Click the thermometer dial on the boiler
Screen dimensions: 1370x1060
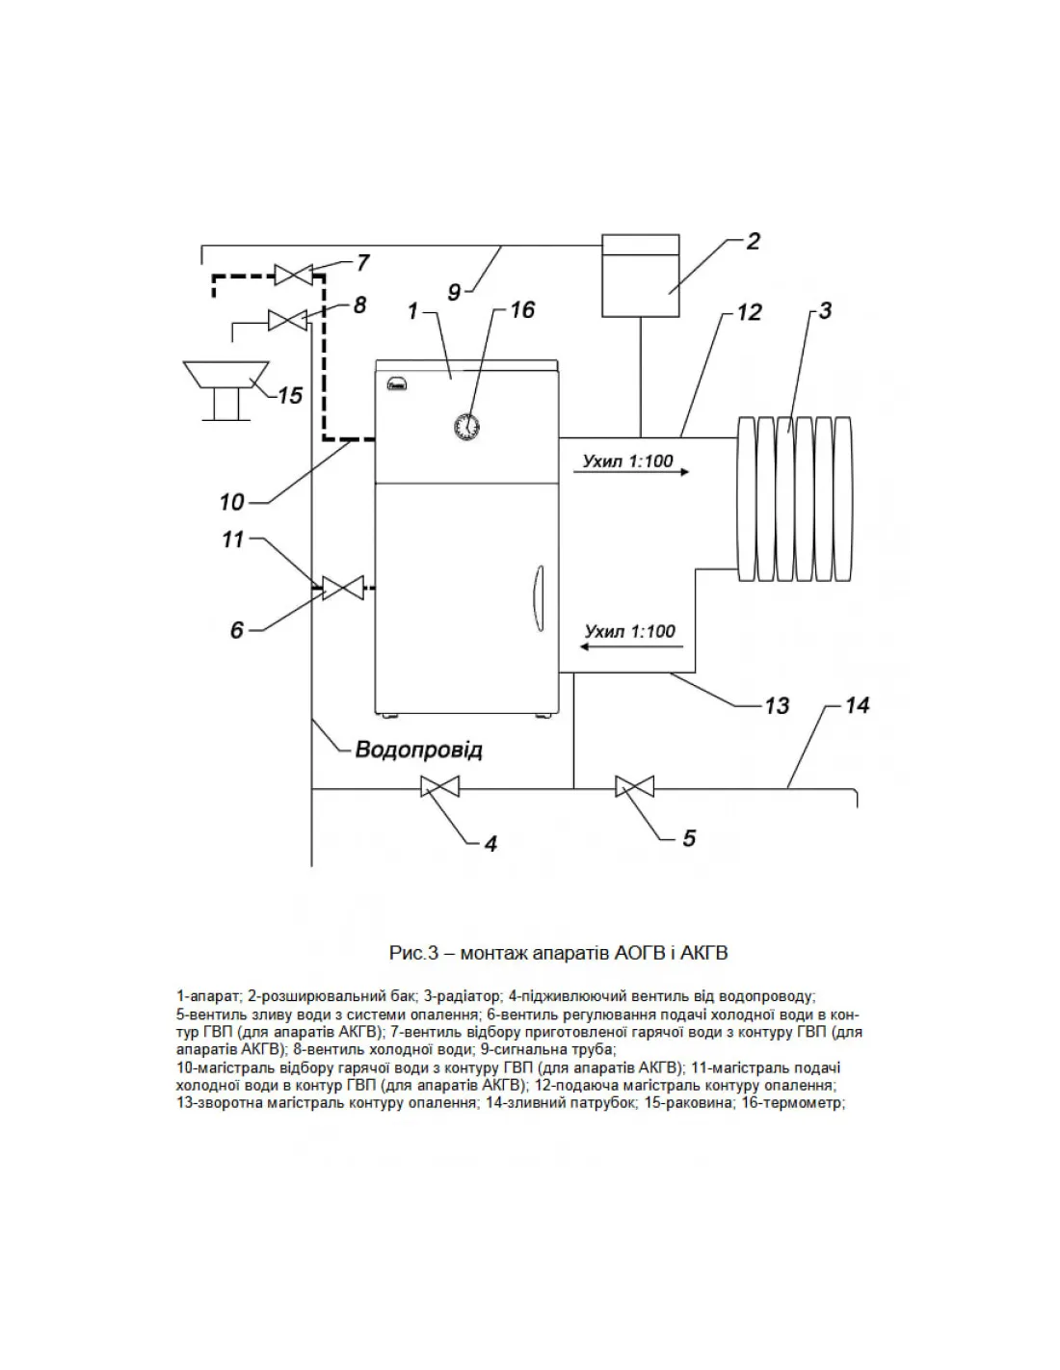coord(467,424)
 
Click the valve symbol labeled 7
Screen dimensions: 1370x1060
coord(290,275)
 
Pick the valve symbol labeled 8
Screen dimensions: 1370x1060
coord(285,320)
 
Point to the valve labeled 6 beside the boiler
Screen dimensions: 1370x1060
coord(342,587)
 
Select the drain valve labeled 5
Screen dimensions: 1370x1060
coord(634,788)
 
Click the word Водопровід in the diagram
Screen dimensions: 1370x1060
coord(418,749)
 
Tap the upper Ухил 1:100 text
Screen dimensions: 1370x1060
coord(627,461)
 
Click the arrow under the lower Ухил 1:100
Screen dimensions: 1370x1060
coord(627,650)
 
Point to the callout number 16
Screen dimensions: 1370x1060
coord(522,309)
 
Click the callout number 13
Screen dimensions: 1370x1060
coord(777,706)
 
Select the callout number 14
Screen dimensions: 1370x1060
coord(857,706)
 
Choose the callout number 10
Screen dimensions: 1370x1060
coord(232,502)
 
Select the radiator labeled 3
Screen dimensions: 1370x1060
coord(794,498)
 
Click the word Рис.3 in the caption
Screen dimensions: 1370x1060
coord(414,954)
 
